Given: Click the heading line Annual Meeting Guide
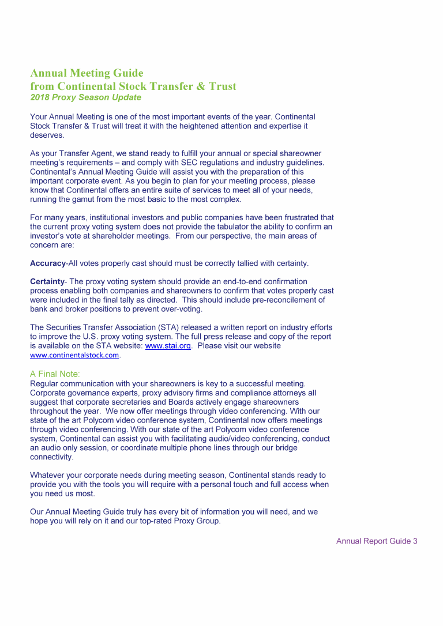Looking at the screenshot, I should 87,73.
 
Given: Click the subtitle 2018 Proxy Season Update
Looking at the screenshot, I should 85,97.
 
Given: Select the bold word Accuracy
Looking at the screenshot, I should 47,263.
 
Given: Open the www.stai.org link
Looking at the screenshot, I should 168,346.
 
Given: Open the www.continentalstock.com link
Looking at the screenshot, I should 74,355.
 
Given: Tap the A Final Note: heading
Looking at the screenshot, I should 55,374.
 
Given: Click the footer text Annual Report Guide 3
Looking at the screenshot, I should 376,541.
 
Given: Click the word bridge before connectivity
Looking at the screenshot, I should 300,448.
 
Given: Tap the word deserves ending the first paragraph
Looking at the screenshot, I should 46,135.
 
